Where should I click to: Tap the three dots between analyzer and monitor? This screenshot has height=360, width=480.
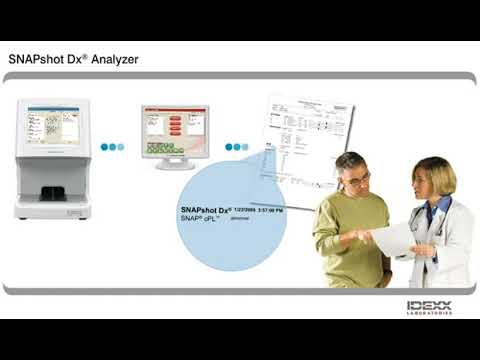point(111,147)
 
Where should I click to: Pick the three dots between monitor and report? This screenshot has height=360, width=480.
point(236,147)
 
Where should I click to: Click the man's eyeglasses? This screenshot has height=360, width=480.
point(358,178)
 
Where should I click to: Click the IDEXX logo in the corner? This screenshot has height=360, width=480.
point(429,305)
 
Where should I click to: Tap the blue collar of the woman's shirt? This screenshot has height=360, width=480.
point(433,210)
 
